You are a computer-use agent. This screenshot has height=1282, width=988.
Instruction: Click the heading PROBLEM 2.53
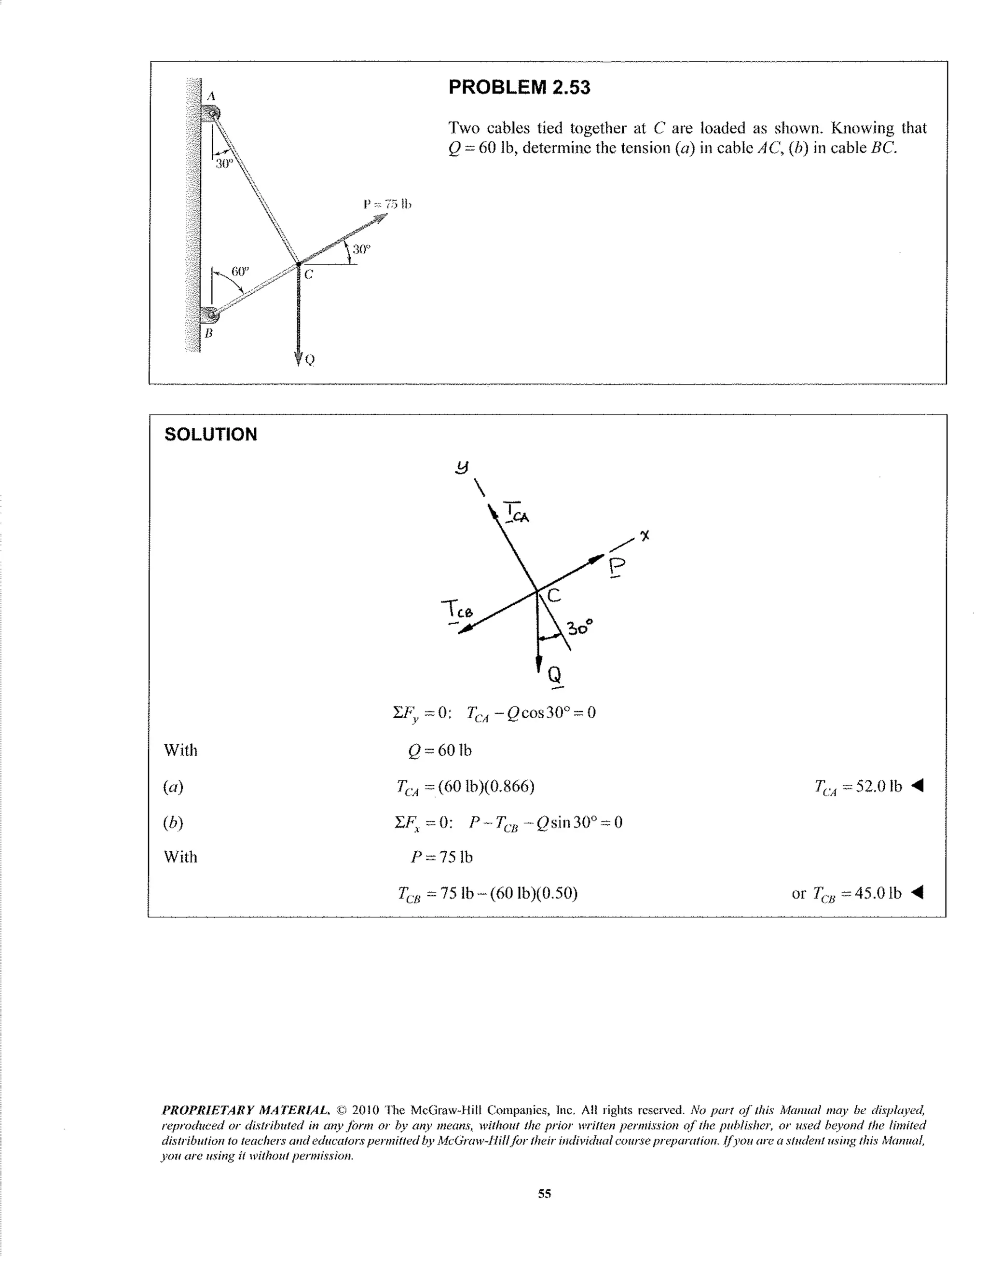click(519, 87)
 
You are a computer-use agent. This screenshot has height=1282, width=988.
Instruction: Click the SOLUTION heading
click(210, 435)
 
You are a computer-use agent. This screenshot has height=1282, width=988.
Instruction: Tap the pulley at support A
click(211, 112)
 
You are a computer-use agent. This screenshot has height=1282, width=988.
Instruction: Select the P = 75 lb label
click(387, 205)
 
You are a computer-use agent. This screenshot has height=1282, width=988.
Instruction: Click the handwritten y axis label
click(463, 467)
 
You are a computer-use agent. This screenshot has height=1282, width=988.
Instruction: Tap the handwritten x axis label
click(645, 535)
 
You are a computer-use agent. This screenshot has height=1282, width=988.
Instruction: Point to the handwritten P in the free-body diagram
click(617, 568)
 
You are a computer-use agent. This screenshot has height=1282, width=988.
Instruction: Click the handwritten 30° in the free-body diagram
click(580, 627)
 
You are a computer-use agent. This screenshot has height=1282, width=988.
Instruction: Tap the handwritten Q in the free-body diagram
click(555, 675)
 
